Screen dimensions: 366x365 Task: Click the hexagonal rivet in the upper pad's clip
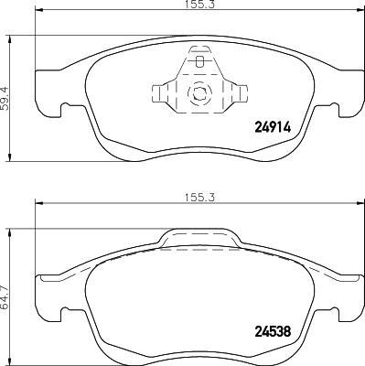point(199,93)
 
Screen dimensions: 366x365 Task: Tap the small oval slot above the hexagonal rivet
point(199,63)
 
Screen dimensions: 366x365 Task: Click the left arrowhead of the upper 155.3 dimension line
point(38,16)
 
